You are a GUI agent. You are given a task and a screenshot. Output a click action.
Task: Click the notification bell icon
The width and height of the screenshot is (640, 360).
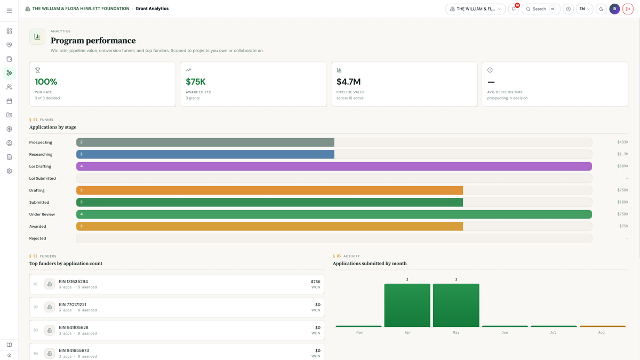pos(514,9)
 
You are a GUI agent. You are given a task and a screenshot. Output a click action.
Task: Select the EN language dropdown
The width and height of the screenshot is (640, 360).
pos(585,9)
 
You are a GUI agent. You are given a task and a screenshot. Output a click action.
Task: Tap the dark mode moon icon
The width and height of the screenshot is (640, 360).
pos(601,9)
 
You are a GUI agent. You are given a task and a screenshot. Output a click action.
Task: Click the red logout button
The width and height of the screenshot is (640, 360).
pos(628,9)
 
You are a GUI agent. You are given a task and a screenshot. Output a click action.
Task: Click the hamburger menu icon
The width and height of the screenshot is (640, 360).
pos(9,11)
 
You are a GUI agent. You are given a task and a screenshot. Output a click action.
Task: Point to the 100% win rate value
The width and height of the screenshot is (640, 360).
pos(46,82)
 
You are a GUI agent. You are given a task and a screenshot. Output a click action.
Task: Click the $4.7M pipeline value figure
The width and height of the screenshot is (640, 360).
pos(348,82)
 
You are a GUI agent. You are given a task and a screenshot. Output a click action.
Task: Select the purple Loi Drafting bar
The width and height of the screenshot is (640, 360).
pos(334,166)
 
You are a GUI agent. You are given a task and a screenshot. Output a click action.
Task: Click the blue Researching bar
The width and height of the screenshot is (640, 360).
pos(205,154)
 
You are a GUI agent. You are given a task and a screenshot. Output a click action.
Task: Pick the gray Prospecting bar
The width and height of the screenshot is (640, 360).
pos(205,142)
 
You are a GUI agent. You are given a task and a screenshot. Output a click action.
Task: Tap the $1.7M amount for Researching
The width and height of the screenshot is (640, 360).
pos(622,154)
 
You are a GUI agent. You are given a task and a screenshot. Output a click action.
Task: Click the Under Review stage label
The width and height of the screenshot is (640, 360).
pos(42,214)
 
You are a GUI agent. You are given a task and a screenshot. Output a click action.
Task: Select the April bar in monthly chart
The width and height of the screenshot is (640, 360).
pos(407,305)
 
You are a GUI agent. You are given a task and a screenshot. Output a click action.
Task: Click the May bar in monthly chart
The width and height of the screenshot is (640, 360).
pos(456,305)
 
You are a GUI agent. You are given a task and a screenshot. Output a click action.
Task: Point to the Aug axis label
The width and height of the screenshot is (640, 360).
pos(602,333)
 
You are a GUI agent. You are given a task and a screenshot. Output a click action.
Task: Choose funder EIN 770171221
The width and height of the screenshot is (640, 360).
pos(73,305)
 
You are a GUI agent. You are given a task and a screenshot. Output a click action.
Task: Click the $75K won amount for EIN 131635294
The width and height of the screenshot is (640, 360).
pos(316,282)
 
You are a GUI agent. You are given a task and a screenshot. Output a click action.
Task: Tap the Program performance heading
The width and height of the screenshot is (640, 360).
pos(93,41)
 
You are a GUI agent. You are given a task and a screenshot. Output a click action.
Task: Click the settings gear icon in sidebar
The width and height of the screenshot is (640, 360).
pos(9,171)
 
